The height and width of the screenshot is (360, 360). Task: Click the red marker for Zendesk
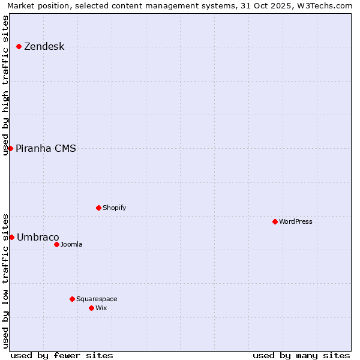point(19,46)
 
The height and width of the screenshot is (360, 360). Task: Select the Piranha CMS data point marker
point(10,148)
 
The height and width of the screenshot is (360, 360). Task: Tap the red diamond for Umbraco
point(11,237)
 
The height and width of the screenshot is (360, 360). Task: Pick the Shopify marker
point(98,208)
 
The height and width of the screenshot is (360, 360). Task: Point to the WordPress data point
point(275,221)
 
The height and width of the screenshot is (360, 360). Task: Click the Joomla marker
point(56,244)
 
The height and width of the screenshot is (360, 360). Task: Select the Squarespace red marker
point(72,299)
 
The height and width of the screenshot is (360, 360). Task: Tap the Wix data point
point(91,308)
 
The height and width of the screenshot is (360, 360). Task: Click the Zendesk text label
point(44,47)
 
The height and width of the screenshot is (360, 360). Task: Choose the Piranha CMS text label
point(46,149)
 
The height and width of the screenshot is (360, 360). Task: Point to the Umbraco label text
point(38,238)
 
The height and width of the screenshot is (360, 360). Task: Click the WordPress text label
point(296,222)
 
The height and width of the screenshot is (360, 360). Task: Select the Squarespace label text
point(97,299)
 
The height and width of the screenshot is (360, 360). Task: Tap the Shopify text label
point(115,208)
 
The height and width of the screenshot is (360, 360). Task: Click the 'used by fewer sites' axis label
point(62,355)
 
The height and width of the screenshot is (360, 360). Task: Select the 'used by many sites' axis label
point(301,355)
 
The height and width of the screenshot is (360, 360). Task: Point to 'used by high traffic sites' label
point(5,85)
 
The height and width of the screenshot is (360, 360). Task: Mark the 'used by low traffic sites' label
point(5,280)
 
